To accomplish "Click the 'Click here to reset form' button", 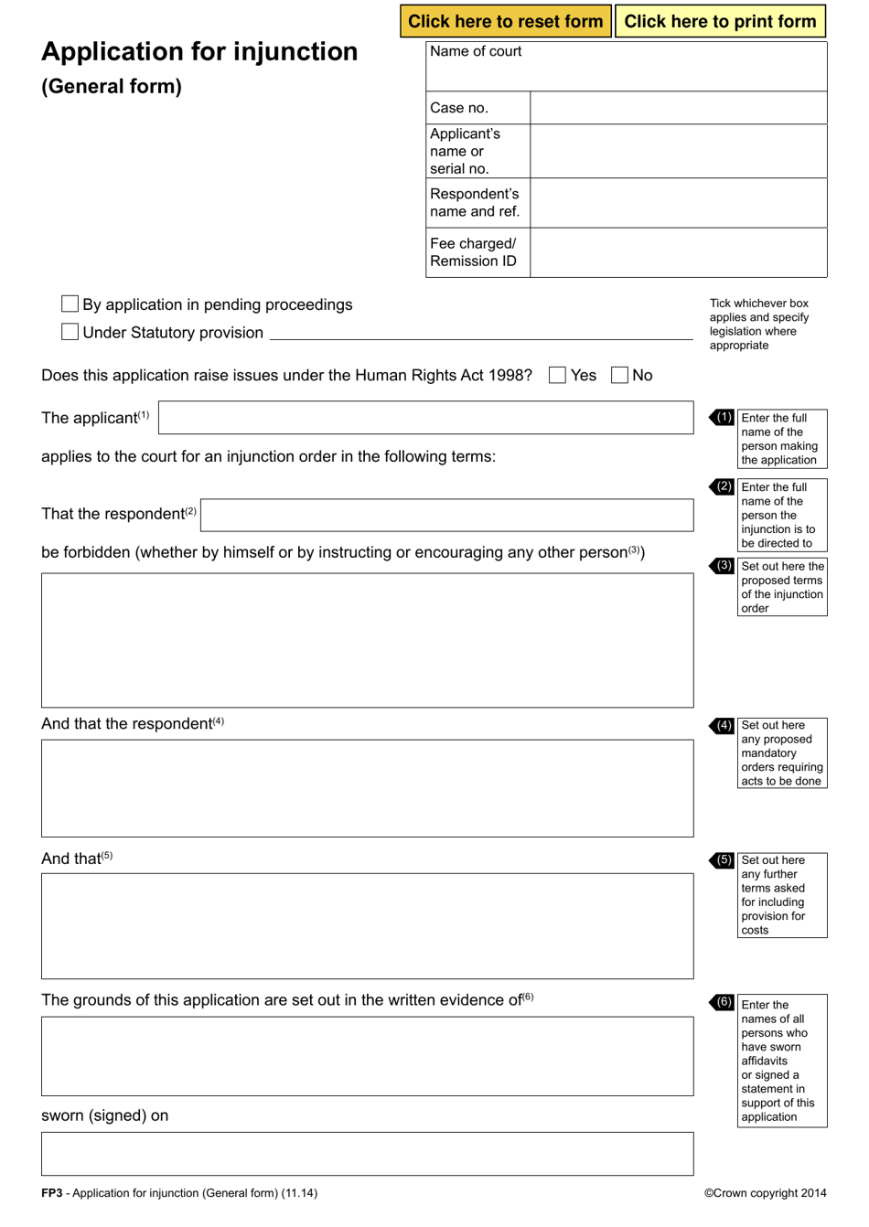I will click(x=506, y=21).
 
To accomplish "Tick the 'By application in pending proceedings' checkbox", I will click(x=70, y=304).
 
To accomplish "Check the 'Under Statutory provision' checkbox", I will click(x=70, y=332).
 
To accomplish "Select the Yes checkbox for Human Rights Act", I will click(x=557, y=375).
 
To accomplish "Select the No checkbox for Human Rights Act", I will click(x=619, y=375).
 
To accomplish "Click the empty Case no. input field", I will click(x=678, y=108).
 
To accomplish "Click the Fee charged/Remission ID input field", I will click(x=678, y=252).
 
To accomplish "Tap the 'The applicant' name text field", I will click(x=425, y=418).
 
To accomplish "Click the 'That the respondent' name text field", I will click(x=446, y=515).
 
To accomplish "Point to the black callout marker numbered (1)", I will click(x=723, y=417).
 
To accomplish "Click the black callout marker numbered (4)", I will click(x=723, y=725).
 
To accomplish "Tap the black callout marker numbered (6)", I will click(x=723, y=1002).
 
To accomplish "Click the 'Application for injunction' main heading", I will click(x=199, y=51).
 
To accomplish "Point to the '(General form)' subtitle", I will click(x=112, y=87).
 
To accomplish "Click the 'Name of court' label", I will click(x=476, y=51).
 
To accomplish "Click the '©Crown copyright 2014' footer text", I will click(x=765, y=1193).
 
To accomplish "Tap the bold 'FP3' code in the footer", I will click(x=52, y=1193).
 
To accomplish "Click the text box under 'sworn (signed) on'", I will click(x=367, y=1154).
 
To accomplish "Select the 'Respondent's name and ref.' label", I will click(x=475, y=203).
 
